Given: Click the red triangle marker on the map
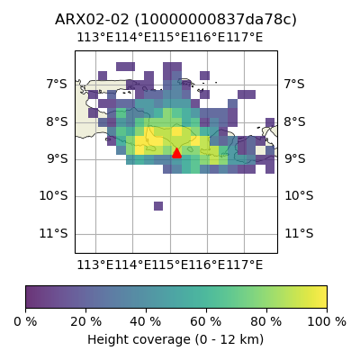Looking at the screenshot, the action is click(x=176, y=153).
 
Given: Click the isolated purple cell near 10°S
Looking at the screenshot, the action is click(x=158, y=206).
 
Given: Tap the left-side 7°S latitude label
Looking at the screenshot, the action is click(x=57, y=84).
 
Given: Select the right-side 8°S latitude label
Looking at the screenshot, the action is click(x=294, y=121).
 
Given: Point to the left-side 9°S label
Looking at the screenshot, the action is click(x=57, y=158).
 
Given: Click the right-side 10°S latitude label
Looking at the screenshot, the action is click(x=299, y=196).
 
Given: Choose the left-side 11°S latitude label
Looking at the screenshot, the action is click(x=54, y=233).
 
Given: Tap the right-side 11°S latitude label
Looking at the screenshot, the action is click(x=299, y=233).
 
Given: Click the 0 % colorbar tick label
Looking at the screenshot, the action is click(x=25, y=322).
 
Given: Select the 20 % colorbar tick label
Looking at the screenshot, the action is click(x=86, y=322).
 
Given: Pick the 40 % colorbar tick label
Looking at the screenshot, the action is click(x=146, y=322).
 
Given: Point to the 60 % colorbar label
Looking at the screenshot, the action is click(x=206, y=322).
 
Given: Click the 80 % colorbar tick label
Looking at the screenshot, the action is click(x=266, y=322).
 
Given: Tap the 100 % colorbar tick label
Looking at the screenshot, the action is click(x=327, y=322).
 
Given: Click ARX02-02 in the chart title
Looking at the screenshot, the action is click(x=92, y=20).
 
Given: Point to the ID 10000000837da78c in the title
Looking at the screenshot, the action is click(x=215, y=20).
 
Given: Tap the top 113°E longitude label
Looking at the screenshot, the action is click(x=95, y=38).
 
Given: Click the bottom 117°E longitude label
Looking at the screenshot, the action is click(x=244, y=265).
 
